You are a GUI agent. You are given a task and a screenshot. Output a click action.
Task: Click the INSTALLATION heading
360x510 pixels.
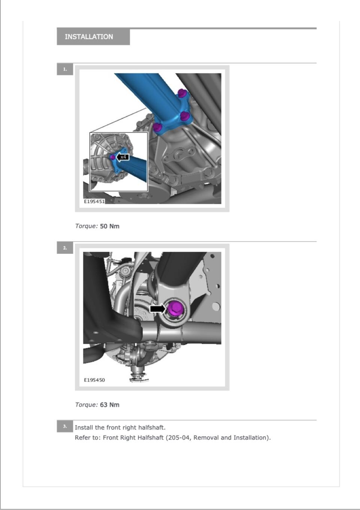click(x=89, y=37)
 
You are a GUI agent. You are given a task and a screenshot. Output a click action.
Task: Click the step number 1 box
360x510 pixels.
click(x=65, y=69)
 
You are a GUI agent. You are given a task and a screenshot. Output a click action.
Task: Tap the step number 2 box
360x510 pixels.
click(x=65, y=248)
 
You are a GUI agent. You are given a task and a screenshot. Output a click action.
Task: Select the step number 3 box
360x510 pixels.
click(x=65, y=426)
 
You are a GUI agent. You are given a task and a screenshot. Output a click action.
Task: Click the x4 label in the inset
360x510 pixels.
click(x=123, y=157)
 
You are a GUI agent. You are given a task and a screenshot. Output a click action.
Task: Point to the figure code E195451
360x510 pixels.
click(x=94, y=201)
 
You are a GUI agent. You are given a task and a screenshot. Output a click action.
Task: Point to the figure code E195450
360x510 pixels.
click(x=94, y=380)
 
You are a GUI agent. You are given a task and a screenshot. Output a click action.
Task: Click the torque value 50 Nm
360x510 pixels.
click(x=110, y=226)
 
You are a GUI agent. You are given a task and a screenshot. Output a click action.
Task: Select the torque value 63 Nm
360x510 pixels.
click(x=110, y=405)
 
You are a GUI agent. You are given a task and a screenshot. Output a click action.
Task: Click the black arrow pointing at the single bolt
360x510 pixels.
click(x=158, y=309)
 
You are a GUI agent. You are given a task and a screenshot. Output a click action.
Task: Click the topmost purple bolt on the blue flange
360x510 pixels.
click(x=182, y=93)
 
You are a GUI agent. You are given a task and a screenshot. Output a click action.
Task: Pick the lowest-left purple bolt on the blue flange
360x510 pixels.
click(x=157, y=127)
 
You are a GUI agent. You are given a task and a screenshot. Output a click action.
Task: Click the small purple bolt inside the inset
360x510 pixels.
click(x=113, y=157)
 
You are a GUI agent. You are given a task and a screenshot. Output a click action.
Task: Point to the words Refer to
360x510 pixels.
click(x=88, y=437)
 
